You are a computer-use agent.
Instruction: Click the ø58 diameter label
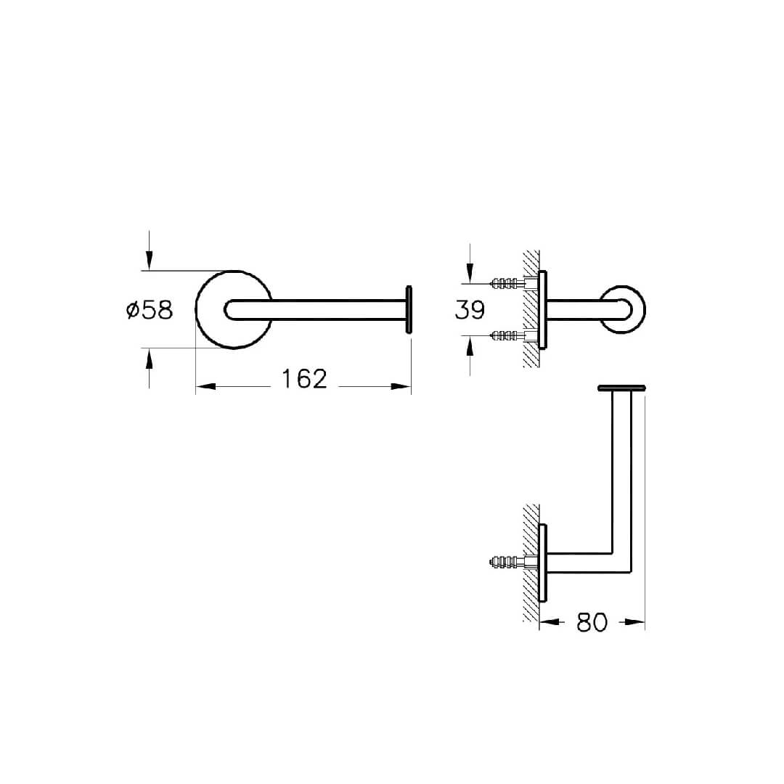coord(150,310)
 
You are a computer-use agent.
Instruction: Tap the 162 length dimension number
coord(304,378)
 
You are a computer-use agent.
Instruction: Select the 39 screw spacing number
coord(470,309)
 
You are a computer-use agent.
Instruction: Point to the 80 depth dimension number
coord(592,623)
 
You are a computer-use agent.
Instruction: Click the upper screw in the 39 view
coord(507,284)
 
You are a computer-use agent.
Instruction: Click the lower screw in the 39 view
coord(507,335)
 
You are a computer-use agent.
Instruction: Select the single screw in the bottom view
coord(507,562)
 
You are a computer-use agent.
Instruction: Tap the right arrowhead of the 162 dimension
coord(401,386)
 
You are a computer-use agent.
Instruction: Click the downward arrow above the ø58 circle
coord(149,250)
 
